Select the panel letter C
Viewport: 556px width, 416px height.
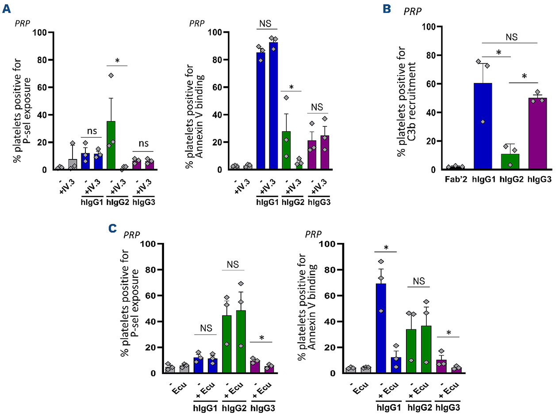[114, 228]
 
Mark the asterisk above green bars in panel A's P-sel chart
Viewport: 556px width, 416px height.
[118, 61]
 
